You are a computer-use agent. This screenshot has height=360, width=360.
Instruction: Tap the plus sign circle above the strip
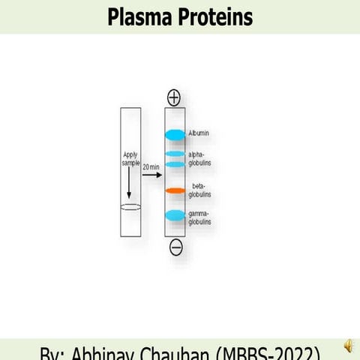(x=175, y=97)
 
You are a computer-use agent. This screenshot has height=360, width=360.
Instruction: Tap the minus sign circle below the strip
(x=175, y=247)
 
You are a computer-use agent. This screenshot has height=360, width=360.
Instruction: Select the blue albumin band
(x=175, y=134)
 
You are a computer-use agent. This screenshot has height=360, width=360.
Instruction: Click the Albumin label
(x=199, y=133)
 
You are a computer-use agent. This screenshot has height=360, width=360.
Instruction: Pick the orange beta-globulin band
(x=175, y=190)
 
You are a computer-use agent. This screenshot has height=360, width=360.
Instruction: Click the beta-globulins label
(x=200, y=190)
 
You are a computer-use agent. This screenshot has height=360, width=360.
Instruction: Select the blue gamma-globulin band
(x=175, y=216)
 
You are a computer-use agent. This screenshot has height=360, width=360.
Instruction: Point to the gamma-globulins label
(x=200, y=218)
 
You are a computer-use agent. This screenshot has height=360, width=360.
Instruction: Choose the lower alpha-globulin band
(x=175, y=163)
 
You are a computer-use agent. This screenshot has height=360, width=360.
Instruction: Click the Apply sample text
(x=130, y=158)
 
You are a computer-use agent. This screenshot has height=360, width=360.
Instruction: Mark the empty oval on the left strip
(x=130, y=207)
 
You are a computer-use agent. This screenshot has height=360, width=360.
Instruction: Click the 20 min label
(x=150, y=166)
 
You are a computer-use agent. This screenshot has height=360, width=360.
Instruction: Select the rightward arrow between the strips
(x=152, y=175)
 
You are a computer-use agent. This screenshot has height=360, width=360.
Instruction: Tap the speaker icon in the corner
(x=348, y=345)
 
